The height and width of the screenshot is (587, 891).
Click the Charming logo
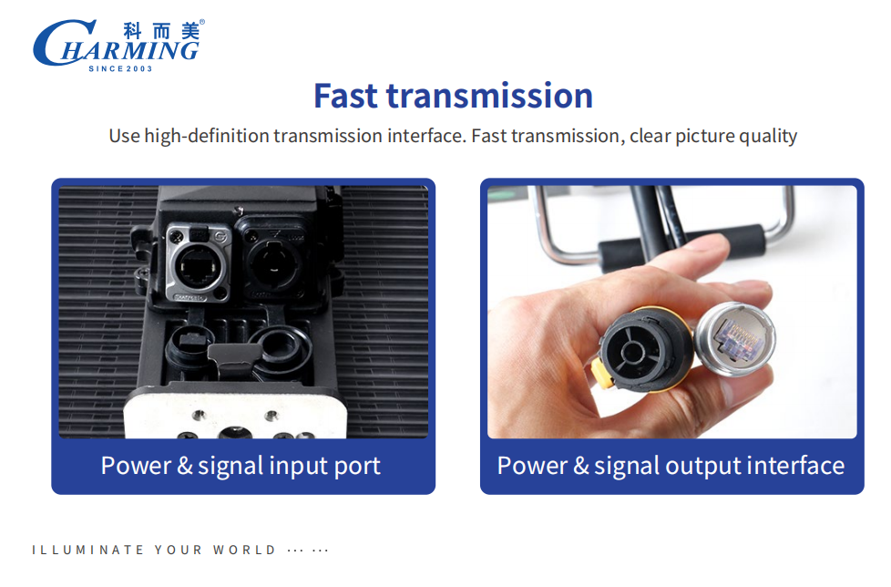(x=118, y=46)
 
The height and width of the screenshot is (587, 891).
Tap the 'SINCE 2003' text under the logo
(x=120, y=68)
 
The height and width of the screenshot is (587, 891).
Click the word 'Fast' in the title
(x=345, y=96)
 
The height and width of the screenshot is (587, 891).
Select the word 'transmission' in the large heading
(x=490, y=96)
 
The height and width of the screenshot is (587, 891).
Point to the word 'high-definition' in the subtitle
(x=207, y=137)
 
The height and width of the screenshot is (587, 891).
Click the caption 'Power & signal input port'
(x=241, y=466)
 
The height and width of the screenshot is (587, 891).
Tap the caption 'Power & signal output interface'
(x=671, y=466)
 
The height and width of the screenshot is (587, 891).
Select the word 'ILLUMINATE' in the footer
(x=88, y=550)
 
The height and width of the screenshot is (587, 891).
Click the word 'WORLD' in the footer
(x=244, y=550)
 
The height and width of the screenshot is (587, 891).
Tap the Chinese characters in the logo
(x=161, y=31)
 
